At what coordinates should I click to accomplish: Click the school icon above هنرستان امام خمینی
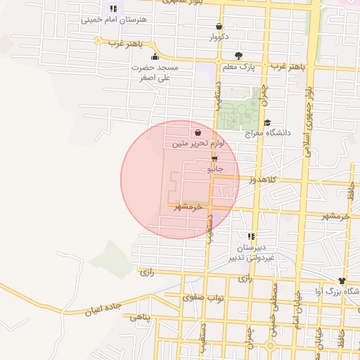[114, 8]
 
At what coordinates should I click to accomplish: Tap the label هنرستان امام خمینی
[114, 20]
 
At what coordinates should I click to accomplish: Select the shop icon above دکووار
[218, 27]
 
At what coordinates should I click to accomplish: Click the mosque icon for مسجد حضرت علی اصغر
[155, 57]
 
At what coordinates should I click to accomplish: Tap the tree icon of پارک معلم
[239, 56]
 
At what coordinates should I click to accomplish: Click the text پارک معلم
[238, 67]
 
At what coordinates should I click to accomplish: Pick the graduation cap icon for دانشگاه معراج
[267, 122]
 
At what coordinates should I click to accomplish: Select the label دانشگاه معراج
[263, 133]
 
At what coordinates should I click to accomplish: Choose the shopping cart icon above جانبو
[214, 158]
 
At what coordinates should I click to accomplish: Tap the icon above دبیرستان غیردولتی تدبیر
[250, 236]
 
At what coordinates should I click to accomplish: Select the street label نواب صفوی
[203, 298]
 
